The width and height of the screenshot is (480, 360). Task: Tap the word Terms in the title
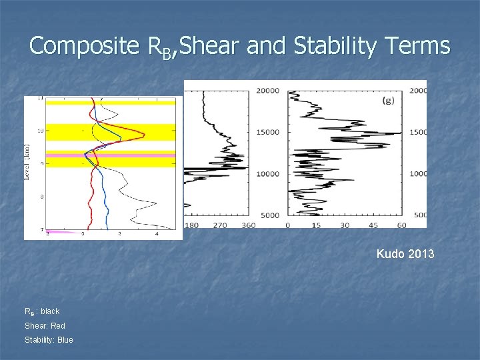419,46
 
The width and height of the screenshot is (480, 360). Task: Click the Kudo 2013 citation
405,253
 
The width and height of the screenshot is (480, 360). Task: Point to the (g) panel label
387,101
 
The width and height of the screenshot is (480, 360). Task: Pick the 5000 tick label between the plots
271,215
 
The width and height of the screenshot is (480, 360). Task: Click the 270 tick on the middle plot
220,225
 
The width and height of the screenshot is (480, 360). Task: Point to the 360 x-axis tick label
248,225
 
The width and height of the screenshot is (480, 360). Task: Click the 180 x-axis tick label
191,225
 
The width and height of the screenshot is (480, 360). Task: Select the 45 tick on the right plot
373,225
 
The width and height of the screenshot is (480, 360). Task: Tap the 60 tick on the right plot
401,225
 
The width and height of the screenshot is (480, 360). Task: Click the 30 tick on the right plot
345,225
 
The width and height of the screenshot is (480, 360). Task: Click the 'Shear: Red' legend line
45,326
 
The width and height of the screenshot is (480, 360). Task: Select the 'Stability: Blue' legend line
49,340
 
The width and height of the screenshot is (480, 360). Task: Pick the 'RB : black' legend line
42,311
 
